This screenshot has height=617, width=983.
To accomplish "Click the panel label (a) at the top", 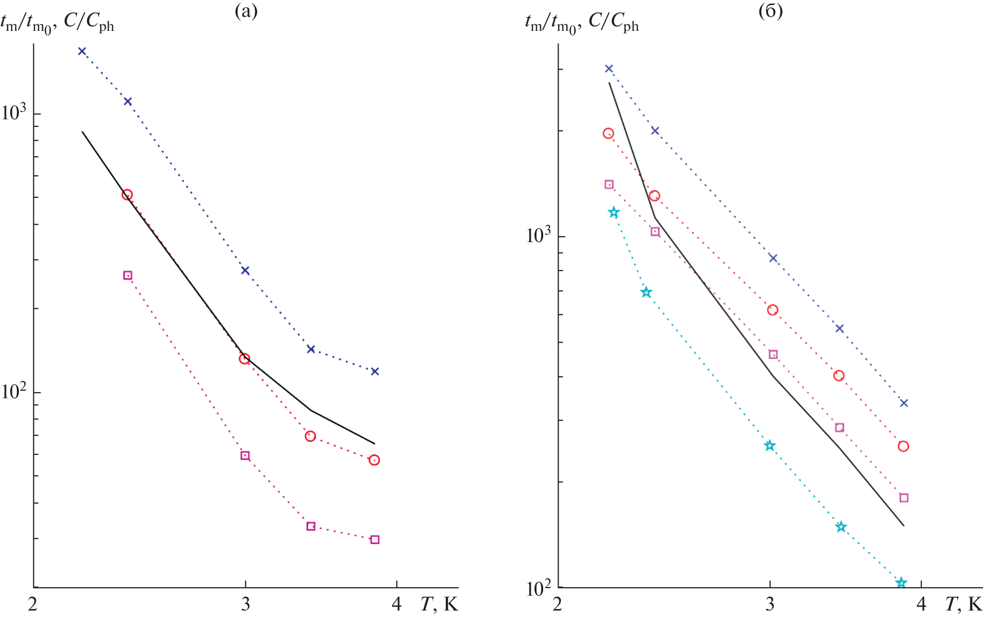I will click(246, 11).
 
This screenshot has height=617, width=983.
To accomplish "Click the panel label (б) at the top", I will click(770, 11).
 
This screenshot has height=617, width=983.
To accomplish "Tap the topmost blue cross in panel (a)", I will click(82, 51).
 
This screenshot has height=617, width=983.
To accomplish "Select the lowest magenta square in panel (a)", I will click(375, 539).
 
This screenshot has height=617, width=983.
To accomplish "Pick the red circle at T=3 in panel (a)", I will click(245, 358).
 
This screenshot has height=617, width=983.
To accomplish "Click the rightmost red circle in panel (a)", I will click(374, 460).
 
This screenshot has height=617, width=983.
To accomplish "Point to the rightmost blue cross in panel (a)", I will click(375, 371).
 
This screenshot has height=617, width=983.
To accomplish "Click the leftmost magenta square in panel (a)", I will click(128, 275).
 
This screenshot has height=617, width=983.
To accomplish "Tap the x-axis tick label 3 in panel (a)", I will click(245, 605).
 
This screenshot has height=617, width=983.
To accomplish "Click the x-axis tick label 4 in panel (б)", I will click(921, 605).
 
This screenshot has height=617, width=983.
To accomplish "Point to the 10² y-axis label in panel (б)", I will click(539, 588).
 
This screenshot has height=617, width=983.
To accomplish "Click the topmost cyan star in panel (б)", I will click(614, 213).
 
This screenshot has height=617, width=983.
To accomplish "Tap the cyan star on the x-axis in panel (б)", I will click(901, 583).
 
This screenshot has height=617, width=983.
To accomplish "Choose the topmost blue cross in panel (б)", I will click(609, 69).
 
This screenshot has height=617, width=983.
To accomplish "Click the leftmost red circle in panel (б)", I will click(608, 133).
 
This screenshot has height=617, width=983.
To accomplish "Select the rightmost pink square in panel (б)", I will click(904, 498).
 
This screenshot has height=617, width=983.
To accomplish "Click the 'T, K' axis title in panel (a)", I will click(439, 605).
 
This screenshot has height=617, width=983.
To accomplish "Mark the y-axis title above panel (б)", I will click(582, 22).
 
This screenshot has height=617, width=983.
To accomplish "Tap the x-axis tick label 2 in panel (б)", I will click(557, 605).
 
